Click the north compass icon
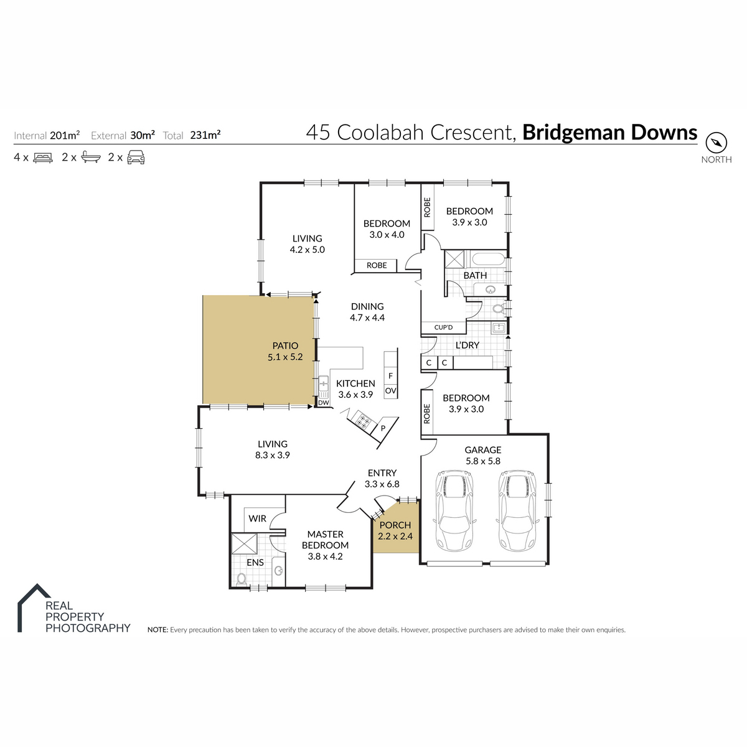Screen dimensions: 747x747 716,143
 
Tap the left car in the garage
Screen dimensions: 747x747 454,510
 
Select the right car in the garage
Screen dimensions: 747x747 517,510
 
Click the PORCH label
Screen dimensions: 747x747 395,525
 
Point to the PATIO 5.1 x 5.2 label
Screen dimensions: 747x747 285,351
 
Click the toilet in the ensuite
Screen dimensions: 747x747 241,579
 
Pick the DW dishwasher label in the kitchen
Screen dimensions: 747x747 323,402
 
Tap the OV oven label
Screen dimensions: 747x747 390,391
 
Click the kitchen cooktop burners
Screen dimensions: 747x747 364,421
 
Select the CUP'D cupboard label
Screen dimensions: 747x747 443,327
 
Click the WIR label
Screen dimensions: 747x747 257,519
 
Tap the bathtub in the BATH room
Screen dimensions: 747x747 487,258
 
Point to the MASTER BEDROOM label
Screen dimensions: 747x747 325,540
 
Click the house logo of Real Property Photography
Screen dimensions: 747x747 34,607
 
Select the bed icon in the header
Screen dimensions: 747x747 43,157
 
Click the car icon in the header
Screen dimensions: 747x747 136,157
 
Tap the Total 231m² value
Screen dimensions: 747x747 205,135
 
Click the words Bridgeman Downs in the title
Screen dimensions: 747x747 609,132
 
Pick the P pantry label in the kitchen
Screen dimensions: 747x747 383,428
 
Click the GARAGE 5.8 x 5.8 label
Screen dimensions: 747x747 482,456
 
